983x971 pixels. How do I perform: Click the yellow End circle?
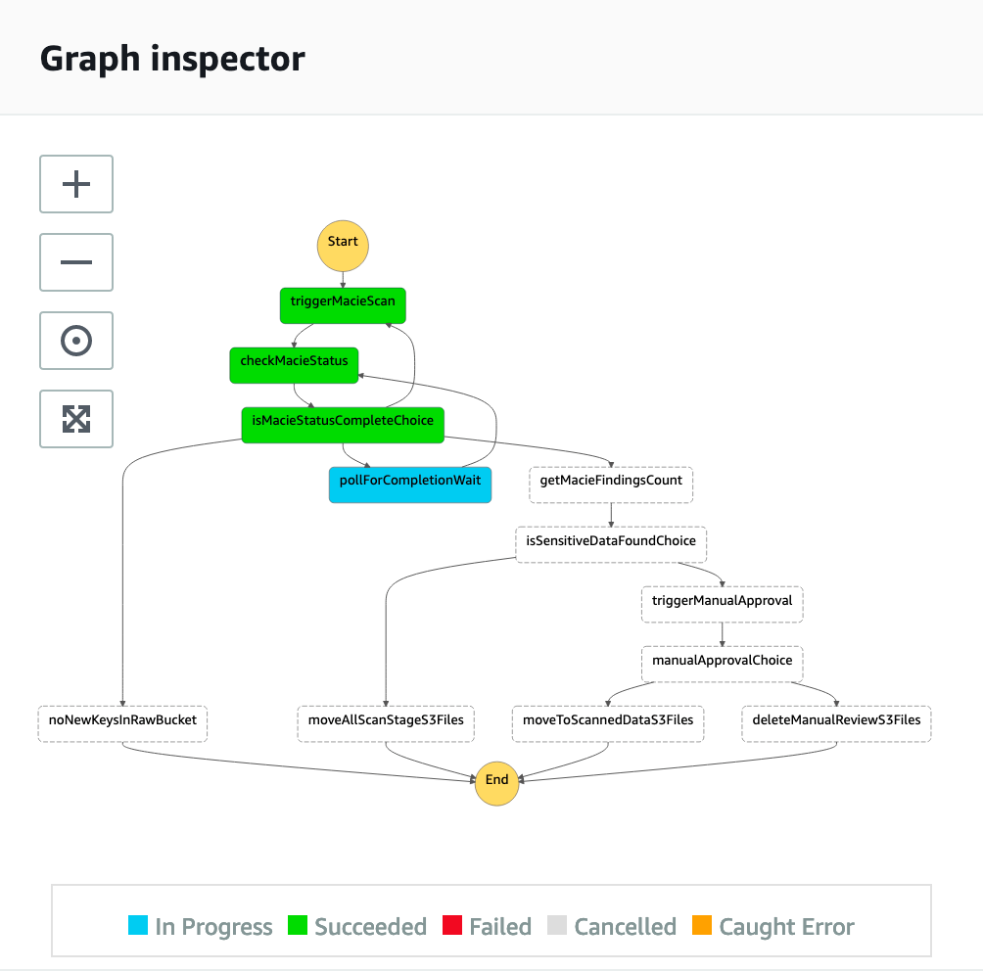[496, 781]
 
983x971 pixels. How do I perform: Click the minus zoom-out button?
[76, 262]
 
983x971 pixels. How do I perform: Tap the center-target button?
[76, 341]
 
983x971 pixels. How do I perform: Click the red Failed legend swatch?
[452, 926]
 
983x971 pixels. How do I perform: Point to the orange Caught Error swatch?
[701, 926]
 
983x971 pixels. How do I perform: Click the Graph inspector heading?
[172, 59]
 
